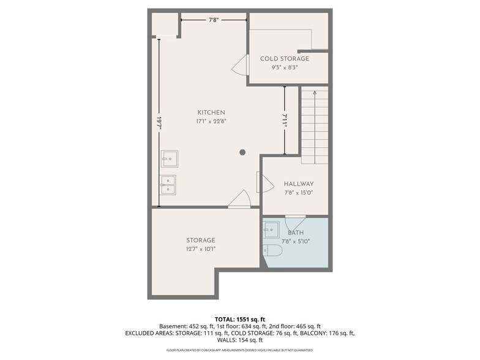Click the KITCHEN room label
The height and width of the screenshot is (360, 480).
(211, 113)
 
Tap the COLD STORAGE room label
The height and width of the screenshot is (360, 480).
(284, 59)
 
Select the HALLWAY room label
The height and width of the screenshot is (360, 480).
(299, 184)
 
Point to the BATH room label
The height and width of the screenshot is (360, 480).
(296, 233)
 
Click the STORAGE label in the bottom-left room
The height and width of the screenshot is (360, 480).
(201, 240)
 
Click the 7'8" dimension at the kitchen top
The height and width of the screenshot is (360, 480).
(213, 20)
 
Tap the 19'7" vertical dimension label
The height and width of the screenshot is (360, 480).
(159, 122)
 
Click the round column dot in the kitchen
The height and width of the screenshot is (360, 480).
(242, 152)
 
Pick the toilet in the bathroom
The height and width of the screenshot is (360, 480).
(272, 250)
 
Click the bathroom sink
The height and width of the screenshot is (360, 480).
(271, 229)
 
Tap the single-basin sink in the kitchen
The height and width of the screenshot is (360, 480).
(170, 159)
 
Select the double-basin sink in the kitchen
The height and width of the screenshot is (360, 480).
(168, 185)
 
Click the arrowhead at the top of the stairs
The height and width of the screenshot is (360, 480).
(315, 92)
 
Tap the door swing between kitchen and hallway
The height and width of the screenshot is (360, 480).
(265, 182)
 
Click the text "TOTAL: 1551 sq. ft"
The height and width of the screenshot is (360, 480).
(240, 320)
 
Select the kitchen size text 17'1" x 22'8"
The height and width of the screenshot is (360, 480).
(211, 121)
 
